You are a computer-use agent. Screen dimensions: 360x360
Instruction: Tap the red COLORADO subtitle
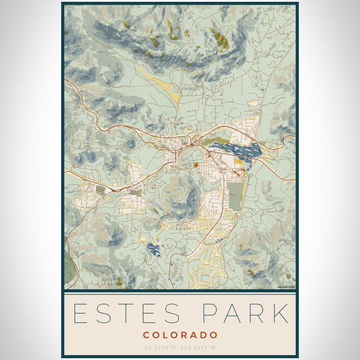(180, 334)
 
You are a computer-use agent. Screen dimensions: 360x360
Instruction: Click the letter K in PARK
(280, 314)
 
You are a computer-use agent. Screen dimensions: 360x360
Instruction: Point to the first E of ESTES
(80, 314)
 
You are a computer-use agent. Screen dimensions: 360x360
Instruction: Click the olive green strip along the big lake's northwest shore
(214, 143)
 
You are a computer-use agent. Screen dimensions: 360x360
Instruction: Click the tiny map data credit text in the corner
(286, 287)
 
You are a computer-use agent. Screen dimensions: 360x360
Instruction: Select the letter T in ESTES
(127, 314)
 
